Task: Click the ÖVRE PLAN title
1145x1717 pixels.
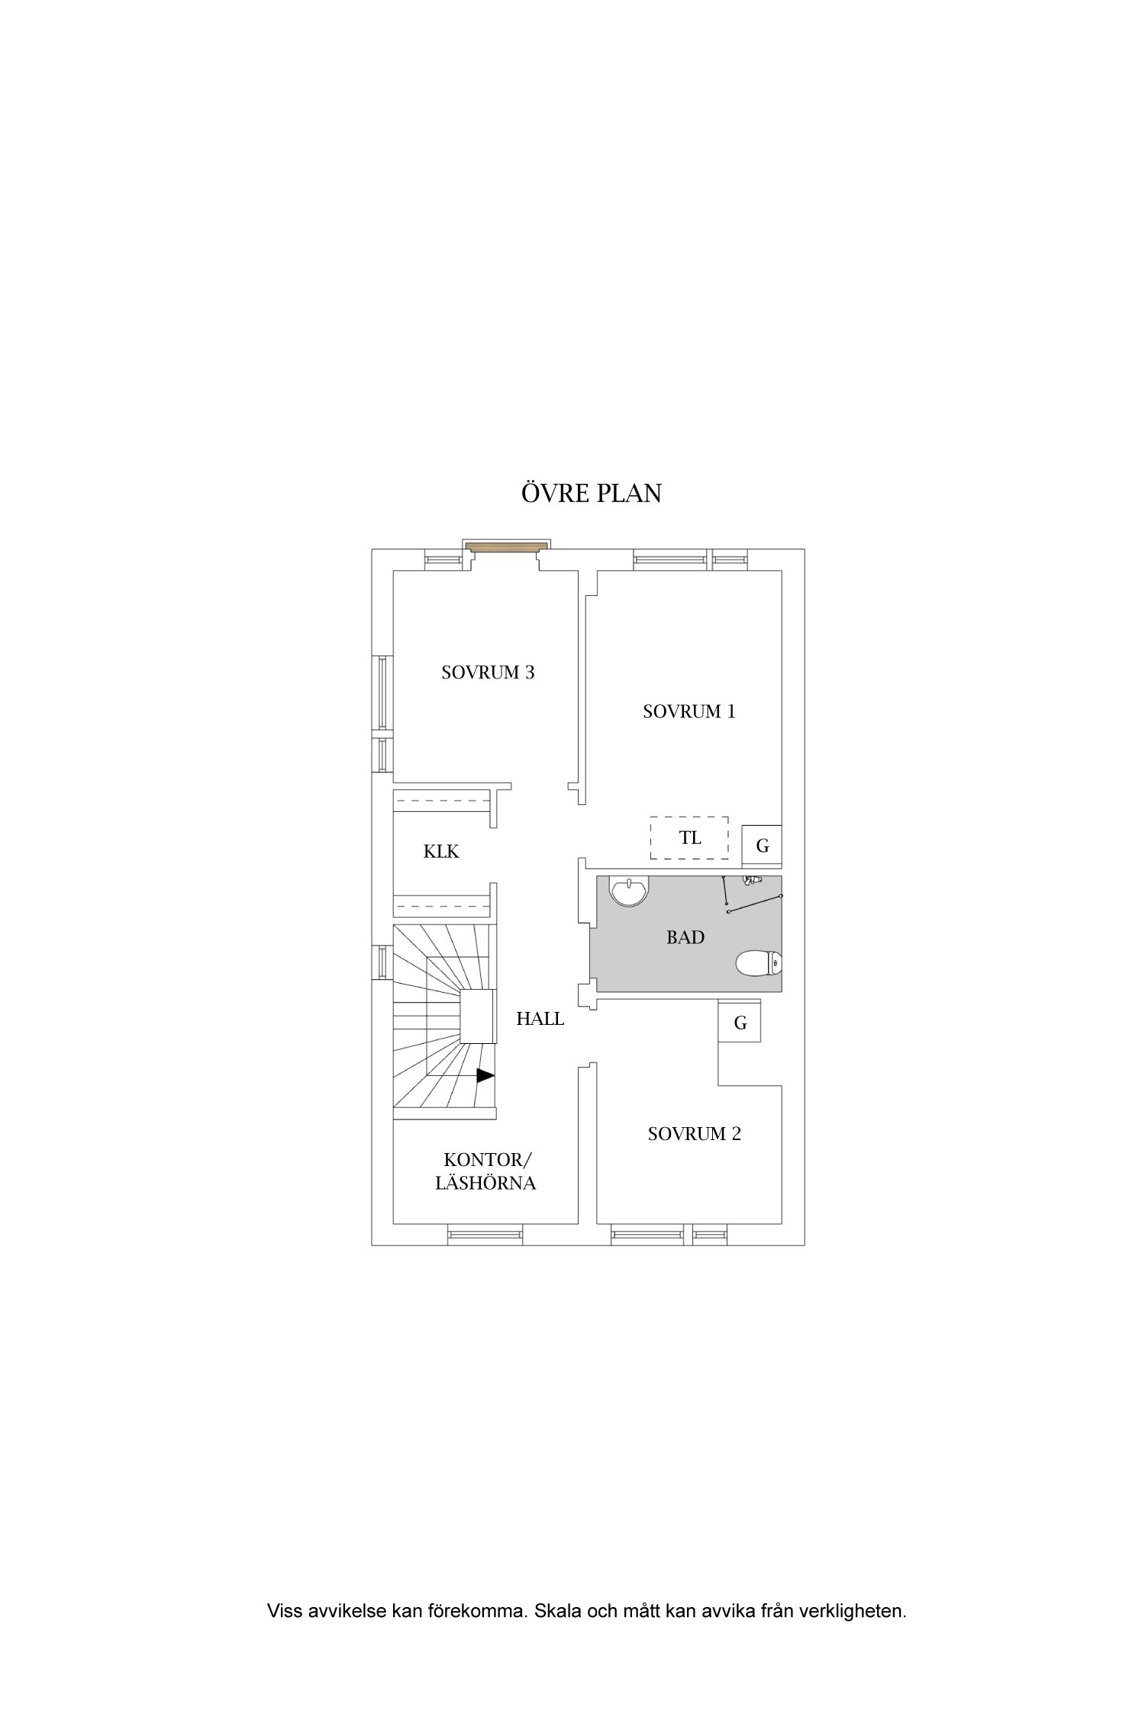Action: tap(591, 493)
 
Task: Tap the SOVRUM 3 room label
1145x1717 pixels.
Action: tap(488, 672)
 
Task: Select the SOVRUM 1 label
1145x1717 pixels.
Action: tap(689, 711)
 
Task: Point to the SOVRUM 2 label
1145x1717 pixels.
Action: tap(694, 1134)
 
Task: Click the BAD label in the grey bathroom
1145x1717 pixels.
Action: tap(685, 937)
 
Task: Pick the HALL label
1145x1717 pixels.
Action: tap(540, 1019)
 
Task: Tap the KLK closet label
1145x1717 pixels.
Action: tap(441, 852)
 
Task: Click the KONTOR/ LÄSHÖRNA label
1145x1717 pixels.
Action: tap(486, 1171)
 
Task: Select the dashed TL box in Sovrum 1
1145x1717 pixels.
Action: tap(689, 838)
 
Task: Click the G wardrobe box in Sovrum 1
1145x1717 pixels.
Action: tap(762, 846)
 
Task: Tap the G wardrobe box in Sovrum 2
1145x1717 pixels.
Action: tap(740, 1023)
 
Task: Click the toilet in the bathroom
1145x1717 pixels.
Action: tap(759, 963)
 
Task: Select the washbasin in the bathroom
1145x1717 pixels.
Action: tap(628, 891)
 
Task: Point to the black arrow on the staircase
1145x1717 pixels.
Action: tap(485, 1075)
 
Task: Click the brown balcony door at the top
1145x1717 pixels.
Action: tap(508, 546)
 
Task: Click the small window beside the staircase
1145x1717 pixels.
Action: tap(382, 963)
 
